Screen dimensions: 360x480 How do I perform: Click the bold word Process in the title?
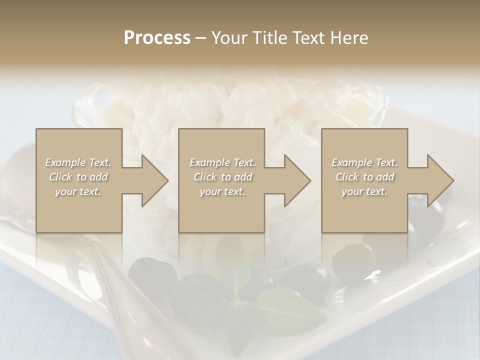click(x=157, y=38)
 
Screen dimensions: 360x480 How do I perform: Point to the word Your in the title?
click(x=229, y=38)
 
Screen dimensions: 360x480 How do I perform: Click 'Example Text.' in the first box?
click(x=78, y=162)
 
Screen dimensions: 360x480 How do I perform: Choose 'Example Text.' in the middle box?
click(x=222, y=162)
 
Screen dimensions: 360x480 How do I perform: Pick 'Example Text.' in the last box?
click(x=364, y=162)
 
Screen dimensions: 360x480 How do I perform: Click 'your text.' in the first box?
click(x=78, y=191)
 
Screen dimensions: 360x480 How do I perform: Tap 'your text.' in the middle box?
click(x=222, y=191)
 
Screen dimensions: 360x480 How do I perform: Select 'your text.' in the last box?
click(x=364, y=191)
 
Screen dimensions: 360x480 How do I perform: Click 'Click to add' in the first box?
click(x=78, y=177)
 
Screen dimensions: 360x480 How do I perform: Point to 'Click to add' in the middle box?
click(x=222, y=177)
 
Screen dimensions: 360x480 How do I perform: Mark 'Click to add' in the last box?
click(x=364, y=177)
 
